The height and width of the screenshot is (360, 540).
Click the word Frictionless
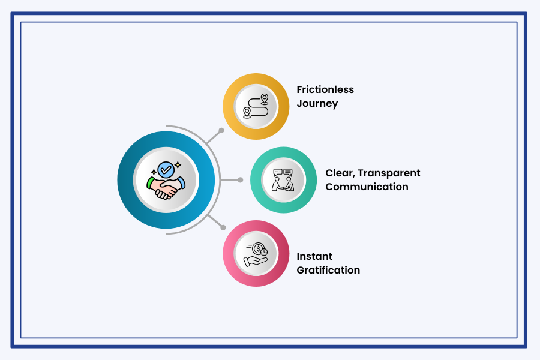(325, 89)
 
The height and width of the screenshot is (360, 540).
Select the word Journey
(317, 103)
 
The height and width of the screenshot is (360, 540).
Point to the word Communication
(367, 187)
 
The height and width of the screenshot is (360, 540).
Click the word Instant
(314, 256)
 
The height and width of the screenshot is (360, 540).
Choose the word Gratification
(328, 270)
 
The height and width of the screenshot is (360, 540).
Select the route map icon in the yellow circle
(256, 106)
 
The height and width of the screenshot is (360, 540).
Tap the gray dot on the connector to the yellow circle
(221, 130)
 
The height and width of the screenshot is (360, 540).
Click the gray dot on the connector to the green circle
(240, 179)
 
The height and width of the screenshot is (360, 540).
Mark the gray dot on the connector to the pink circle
(223, 227)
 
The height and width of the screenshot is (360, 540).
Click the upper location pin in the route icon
(264, 98)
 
